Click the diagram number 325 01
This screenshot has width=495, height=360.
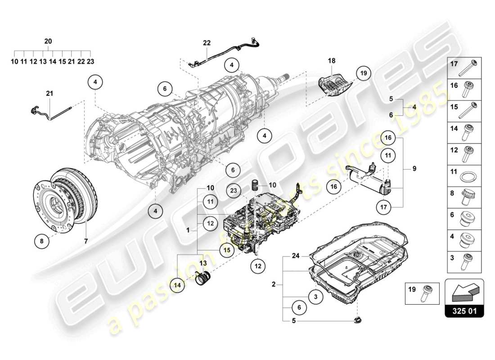464,310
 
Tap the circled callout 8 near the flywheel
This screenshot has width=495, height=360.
41,241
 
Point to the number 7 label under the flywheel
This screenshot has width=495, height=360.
85,241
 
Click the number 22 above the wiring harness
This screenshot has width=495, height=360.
207,43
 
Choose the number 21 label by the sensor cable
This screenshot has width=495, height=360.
49,94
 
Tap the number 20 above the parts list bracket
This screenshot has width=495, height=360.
48,41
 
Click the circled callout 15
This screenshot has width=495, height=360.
227,250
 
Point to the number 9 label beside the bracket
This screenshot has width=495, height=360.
414,169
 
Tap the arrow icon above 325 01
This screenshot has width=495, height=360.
464,292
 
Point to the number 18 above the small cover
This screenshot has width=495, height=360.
332,60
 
